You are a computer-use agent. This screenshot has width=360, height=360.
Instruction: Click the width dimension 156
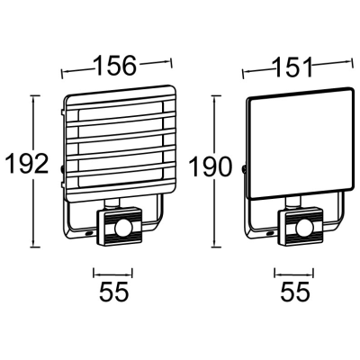(x=115, y=66)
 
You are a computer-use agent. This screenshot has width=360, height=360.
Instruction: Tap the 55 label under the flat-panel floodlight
(x=295, y=291)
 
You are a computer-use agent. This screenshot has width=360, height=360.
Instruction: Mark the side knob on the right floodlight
(x=244, y=167)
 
